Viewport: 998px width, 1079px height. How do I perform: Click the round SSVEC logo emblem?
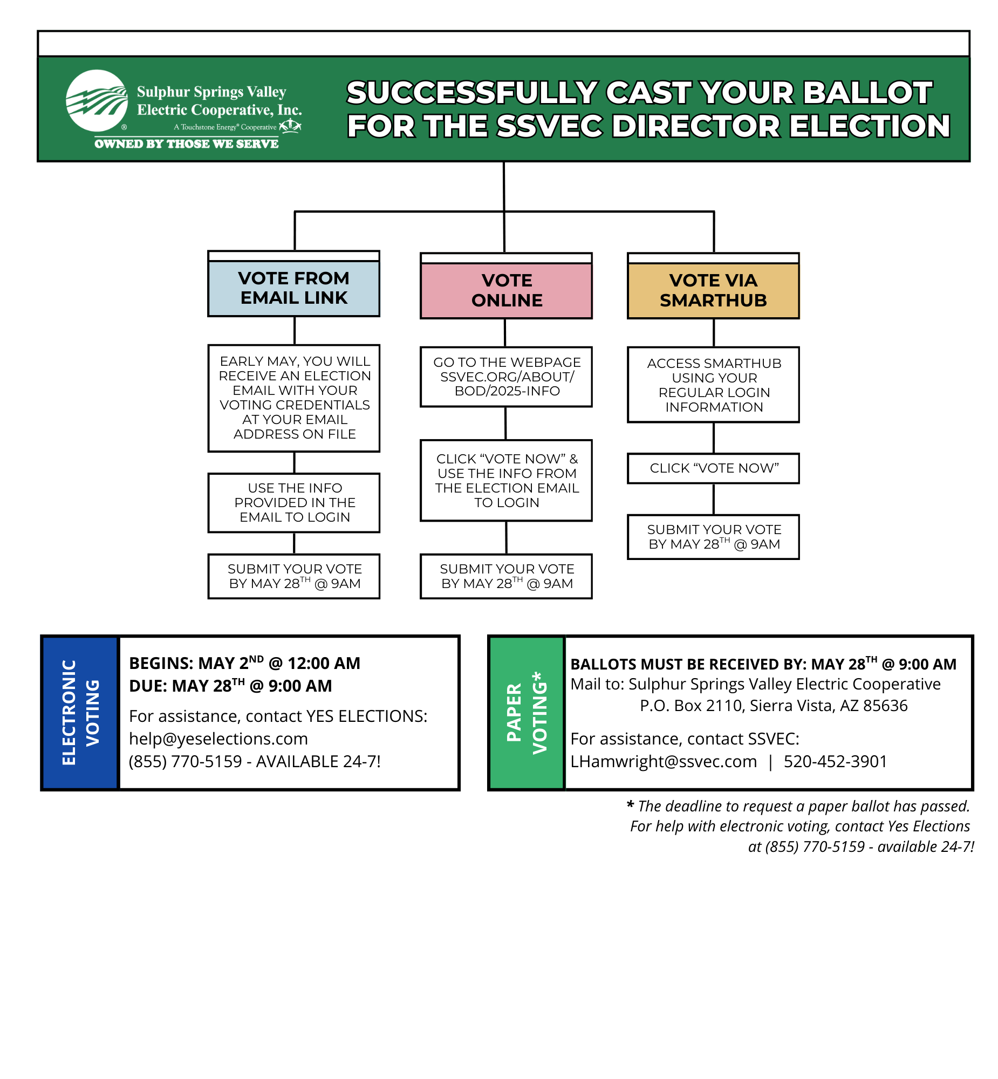97,100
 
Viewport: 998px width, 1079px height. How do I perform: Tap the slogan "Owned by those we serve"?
186,144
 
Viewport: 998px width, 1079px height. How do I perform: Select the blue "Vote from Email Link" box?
294,289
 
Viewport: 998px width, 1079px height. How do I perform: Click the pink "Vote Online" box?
507,291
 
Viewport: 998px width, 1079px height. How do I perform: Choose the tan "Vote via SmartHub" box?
713,291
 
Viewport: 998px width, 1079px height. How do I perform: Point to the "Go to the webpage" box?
507,377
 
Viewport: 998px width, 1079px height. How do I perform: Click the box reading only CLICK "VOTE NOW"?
713,468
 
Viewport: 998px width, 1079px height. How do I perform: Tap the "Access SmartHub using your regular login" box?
713,385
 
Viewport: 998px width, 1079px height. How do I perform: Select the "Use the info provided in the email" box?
294,503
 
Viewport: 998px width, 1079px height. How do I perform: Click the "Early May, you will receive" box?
294,398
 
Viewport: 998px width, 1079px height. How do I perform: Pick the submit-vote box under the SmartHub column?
713,537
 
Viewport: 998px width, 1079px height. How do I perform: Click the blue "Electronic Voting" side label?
80,713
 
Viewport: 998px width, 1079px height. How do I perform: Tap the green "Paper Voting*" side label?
527,713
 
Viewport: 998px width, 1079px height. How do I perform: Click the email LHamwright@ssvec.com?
664,761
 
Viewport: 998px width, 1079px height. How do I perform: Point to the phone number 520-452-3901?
836,761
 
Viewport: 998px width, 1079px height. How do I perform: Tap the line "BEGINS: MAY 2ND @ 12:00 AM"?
244,663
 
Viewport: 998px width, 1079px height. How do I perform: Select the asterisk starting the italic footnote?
630,805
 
